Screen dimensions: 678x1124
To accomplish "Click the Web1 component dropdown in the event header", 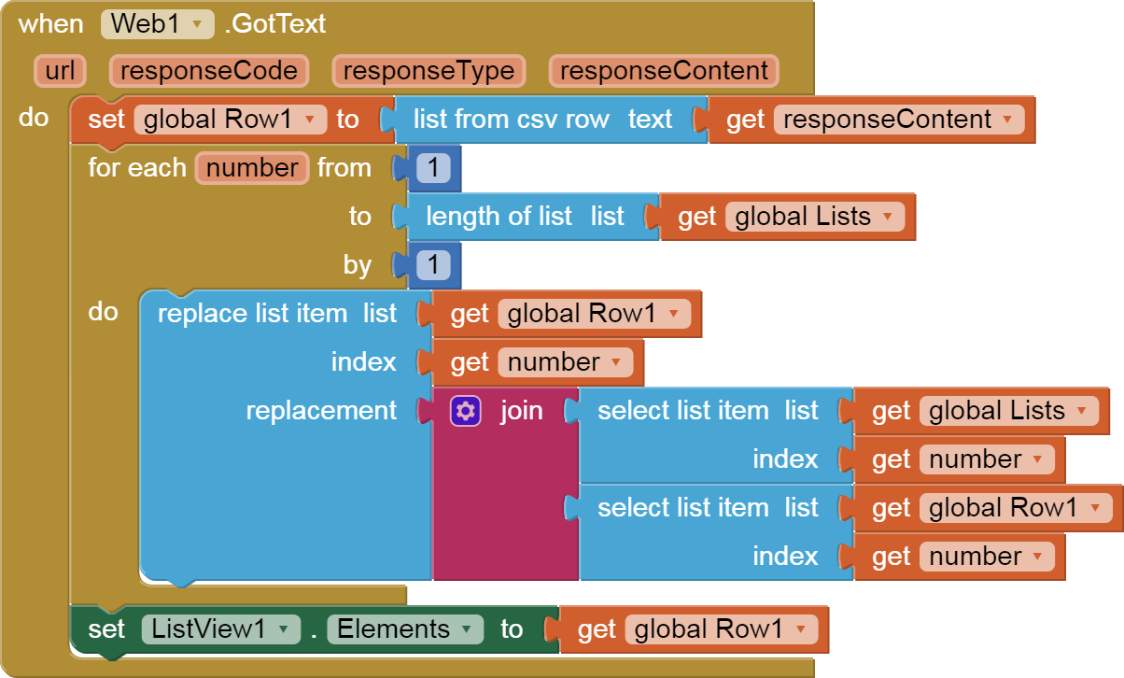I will (x=157, y=23).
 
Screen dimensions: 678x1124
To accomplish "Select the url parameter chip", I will (x=60, y=71).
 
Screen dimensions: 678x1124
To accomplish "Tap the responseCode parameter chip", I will (x=208, y=71).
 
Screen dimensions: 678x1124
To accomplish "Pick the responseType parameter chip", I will (x=429, y=71).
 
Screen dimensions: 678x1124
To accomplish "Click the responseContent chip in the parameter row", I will (x=664, y=71).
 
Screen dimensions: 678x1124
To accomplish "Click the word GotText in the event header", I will (x=276, y=23).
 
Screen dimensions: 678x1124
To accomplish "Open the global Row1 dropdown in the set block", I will (x=230, y=120).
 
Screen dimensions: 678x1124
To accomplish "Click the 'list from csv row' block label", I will (x=511, y=120).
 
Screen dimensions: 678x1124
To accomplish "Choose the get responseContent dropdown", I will (x=898, y=120).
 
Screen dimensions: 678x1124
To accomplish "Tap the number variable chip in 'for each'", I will (x=252, y=168).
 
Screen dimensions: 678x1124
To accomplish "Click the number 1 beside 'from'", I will (x=433, y=168).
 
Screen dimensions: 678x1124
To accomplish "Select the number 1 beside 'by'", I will (x=433, y=265).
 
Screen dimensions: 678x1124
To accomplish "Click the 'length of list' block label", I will (x=499, y=217).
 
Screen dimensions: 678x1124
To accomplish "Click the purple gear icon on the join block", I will (x=465, y=411).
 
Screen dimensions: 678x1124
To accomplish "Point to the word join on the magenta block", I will (x=521, y=411).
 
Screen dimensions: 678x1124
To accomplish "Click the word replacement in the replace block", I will (x=321, y=411).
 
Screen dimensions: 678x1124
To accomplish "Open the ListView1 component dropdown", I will (x=220, y=629).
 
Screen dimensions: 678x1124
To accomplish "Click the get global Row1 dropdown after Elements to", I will (x=721, y=629).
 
